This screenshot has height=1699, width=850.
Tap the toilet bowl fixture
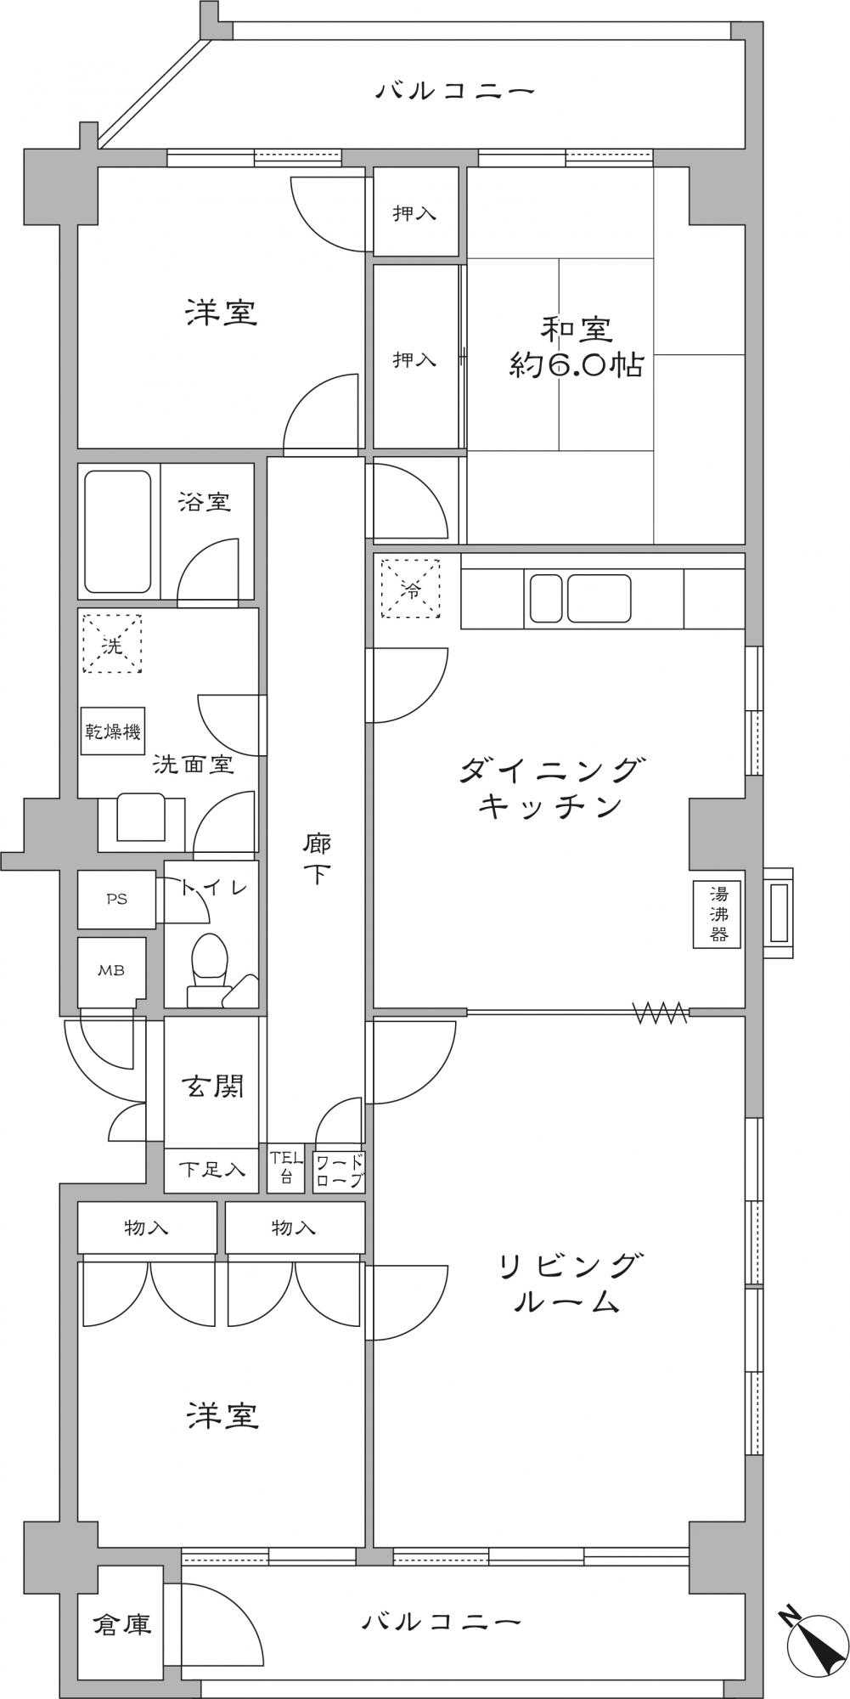[x=209, y=969]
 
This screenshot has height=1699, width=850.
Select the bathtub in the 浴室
[x=118, y=531]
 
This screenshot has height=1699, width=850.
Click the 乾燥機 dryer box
[x=113, y=731]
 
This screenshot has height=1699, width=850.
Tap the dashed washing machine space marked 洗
[x=112, y=644]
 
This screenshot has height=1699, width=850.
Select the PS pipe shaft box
[x=117, y=899]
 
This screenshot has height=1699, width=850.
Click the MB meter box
[x=112, y=971]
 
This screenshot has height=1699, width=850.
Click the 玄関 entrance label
[x=212, y=1086]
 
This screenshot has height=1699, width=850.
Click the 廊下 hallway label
[x=316, y=859]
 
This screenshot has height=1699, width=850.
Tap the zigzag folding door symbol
[x=661, y=1012]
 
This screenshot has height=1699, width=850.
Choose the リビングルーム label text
[x=566, y=1284]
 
